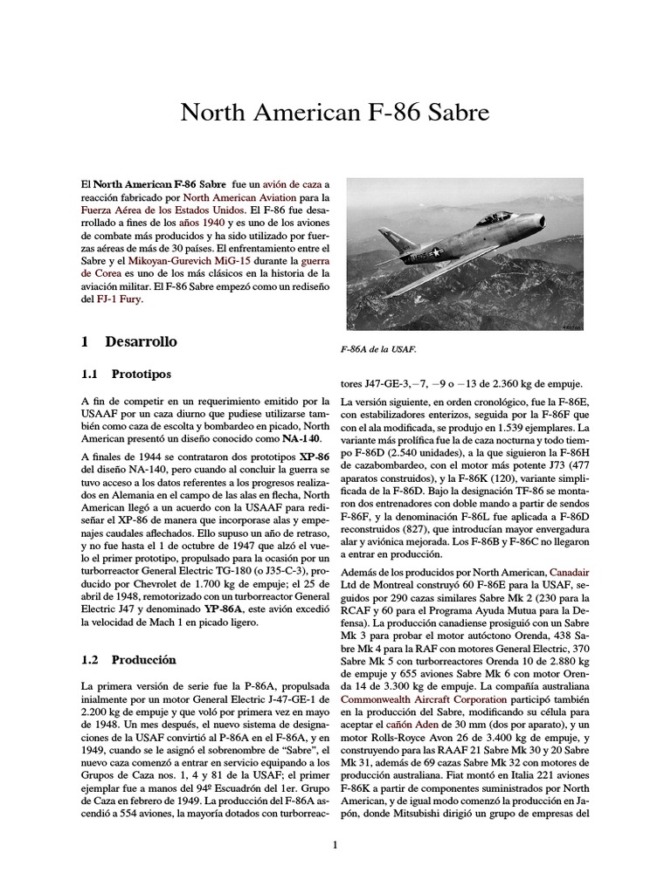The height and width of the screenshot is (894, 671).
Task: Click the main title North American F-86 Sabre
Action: (x=335, y=113)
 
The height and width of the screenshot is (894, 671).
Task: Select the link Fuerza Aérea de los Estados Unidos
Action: (x=161, y=212)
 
